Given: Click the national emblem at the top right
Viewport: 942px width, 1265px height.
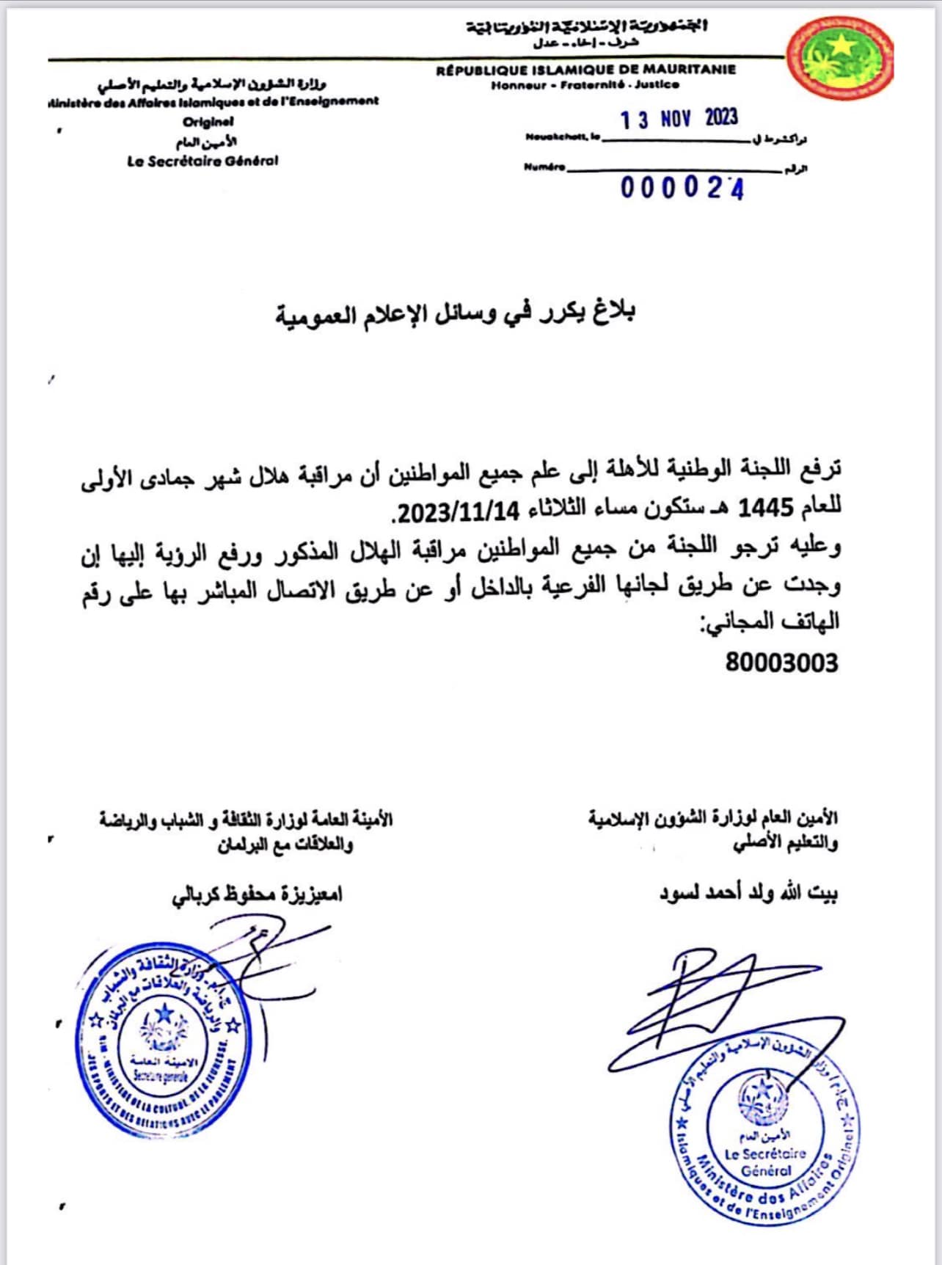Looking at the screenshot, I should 841,58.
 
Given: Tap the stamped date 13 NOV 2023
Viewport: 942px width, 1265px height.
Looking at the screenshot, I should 679,119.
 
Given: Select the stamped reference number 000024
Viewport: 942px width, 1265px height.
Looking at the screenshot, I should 682,188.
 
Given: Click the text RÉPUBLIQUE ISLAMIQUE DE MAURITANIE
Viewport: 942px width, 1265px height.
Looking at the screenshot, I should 585,70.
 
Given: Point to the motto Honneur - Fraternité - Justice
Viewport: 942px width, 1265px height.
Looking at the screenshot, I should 585,85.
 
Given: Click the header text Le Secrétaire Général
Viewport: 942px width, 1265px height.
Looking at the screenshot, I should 202,161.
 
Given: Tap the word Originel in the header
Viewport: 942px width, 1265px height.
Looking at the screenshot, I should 208,122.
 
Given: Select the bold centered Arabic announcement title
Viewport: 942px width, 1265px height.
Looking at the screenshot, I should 455,313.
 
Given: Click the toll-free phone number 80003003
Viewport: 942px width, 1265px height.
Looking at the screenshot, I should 781,663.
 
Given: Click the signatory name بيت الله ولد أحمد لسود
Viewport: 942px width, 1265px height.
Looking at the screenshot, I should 748,893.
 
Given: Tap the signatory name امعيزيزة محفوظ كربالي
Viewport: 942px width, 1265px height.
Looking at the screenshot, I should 257,894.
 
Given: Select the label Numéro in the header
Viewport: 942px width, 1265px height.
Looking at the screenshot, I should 544,167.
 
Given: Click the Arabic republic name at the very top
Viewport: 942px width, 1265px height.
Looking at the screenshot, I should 587,27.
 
